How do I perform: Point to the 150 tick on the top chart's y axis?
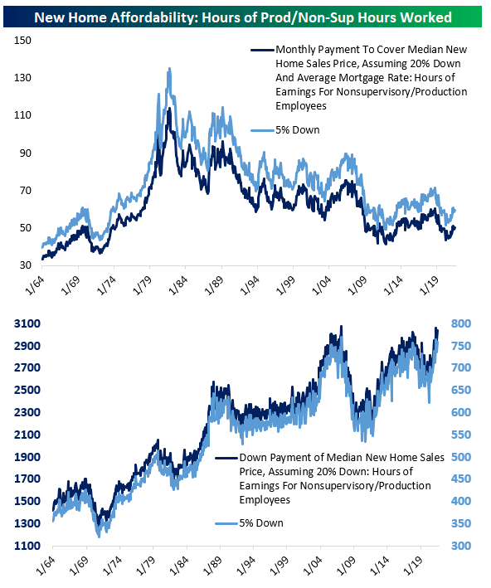[22, 41]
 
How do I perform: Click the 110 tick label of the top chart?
[22, 115]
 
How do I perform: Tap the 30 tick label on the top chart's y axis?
[25, 265]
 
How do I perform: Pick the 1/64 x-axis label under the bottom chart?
[46, 566]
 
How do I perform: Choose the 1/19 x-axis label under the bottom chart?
[413, 566]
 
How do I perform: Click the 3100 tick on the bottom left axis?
[27, 323]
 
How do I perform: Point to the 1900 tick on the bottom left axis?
[27, 457]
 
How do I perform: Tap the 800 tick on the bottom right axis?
[461, 323]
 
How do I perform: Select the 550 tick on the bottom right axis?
[461, 435]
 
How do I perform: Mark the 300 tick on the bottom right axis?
[461, 546]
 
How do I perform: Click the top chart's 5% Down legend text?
[298, 130]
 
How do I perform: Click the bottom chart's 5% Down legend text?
[261, 523]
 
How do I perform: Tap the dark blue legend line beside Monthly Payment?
[263, 50]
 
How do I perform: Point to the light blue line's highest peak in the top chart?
[169, 69]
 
